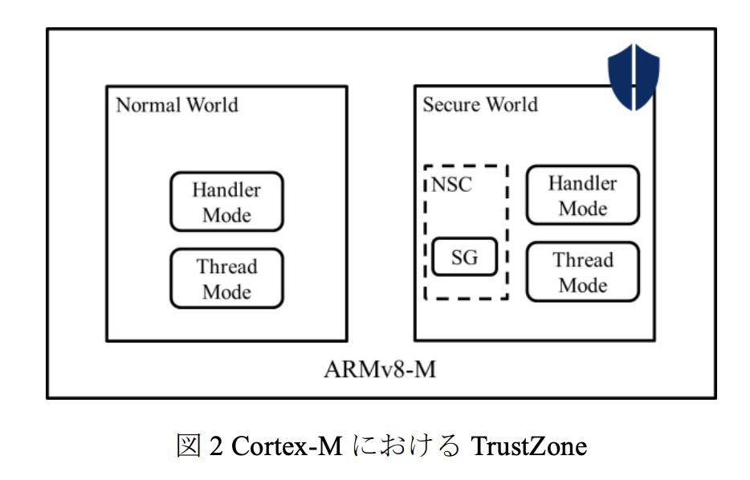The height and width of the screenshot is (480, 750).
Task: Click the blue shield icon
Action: [633, 77]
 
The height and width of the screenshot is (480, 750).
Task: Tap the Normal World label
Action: [177, 105]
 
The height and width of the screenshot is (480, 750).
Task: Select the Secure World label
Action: [480, 104]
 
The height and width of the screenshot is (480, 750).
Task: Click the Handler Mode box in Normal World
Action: [226, 202]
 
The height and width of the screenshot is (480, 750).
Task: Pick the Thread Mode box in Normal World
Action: [226, 279]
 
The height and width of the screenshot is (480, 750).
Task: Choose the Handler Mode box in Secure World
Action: [583, 195]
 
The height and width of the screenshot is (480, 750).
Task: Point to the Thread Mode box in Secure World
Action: [583, 272]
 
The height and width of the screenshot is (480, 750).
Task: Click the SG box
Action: [464, 258]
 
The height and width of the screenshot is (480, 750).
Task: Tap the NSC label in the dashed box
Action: [452, 185]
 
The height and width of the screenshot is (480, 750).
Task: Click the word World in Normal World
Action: [212, 105]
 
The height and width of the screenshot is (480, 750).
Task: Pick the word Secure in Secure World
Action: [450, 104]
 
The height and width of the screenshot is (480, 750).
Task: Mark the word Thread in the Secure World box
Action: [583, 261]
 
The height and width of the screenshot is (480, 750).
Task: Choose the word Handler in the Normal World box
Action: [226, 190]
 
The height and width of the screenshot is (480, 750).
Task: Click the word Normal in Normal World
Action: [149, 105]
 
